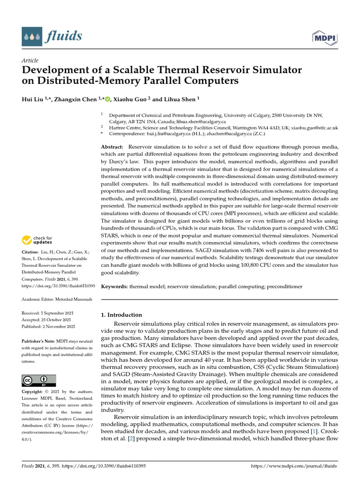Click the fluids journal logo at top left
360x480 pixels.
(52, 36)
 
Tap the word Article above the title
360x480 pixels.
(30, 60)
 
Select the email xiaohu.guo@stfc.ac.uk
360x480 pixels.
(315, 127)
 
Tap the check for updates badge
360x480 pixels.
(37, 240)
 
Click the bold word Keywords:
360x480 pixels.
(114, 286)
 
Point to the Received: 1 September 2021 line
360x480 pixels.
(48, 313)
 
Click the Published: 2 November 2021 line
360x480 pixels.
(48, 326)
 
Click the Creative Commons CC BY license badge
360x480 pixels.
(39, 380)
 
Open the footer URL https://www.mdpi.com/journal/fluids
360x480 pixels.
(294, 466)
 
